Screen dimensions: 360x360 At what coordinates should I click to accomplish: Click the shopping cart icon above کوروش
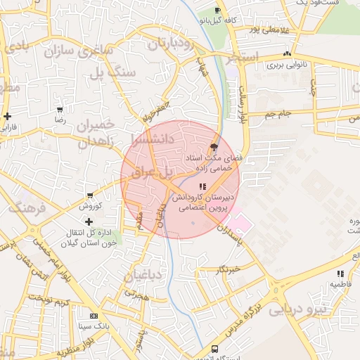[90, 195]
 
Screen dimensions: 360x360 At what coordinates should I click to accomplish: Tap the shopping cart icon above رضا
[60, 110]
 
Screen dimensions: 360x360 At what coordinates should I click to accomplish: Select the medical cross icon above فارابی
[7, 116]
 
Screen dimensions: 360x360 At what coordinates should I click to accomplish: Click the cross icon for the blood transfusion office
[89, 222]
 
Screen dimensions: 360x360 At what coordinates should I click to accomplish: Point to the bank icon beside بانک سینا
[94, 316]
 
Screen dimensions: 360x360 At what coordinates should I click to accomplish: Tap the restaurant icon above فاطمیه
[340, 274]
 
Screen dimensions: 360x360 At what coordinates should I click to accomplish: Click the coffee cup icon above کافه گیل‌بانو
[217, 10]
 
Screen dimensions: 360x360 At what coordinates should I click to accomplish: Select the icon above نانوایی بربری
[286, 54]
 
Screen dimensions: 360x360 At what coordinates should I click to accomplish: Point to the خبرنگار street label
[229, 269]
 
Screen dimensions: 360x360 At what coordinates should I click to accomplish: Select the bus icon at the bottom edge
[214, 349]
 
